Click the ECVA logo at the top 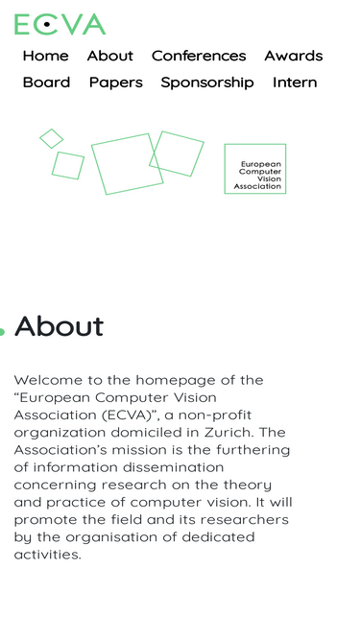(x=60, y=24)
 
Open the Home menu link (x=45, y=56)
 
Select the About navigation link (x=109, y=56)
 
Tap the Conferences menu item (x=199, y=56)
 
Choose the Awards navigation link (x=293, y=56)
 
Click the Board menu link (x=46, y=83)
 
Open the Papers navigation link (x=115, y=83)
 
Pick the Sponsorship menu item (x=207, y=83)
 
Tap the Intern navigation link (x=295, y=83)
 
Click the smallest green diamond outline (x=51, y=138)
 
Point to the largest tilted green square (x=127, y=164)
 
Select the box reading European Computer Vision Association (x=255, y=169)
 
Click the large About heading (x=60, y=326)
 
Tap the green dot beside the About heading (x=2, y=332)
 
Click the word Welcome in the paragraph (x=48, y=380)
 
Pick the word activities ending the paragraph (x=48, y=555)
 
